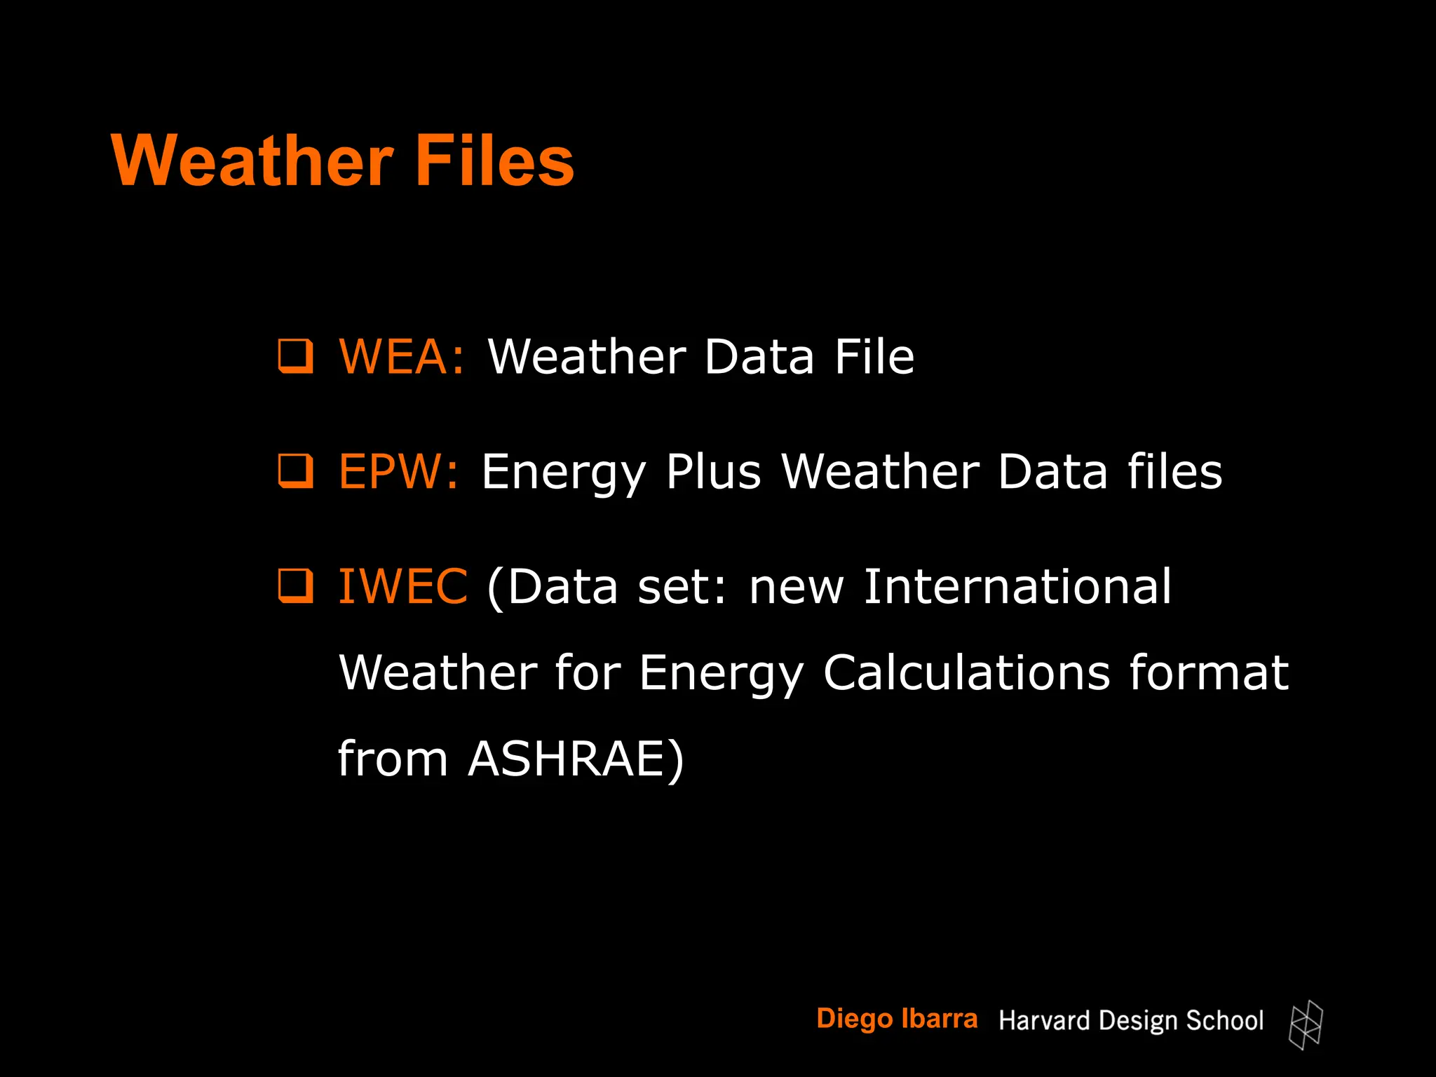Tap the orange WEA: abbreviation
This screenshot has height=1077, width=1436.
(401, 357)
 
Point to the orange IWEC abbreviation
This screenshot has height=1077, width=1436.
(402, 587)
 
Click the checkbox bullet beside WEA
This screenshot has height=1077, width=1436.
(295, 356)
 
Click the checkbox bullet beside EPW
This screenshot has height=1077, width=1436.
(295, 471)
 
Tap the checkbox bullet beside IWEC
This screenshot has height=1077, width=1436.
(295, 586)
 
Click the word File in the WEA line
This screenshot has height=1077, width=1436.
(874, 357)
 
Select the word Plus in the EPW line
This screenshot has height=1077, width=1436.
(713, 472)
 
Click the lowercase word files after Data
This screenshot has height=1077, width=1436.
(1174, 472)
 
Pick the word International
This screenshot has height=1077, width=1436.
(1017, 587)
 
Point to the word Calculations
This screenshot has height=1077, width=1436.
(966, 673)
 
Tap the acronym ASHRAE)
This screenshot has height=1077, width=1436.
(576, 759)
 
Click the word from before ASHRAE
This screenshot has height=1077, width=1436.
(393, 759)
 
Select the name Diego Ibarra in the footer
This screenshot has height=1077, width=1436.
(897, 1019)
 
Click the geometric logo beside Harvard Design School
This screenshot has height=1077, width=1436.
(1306, 1025)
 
